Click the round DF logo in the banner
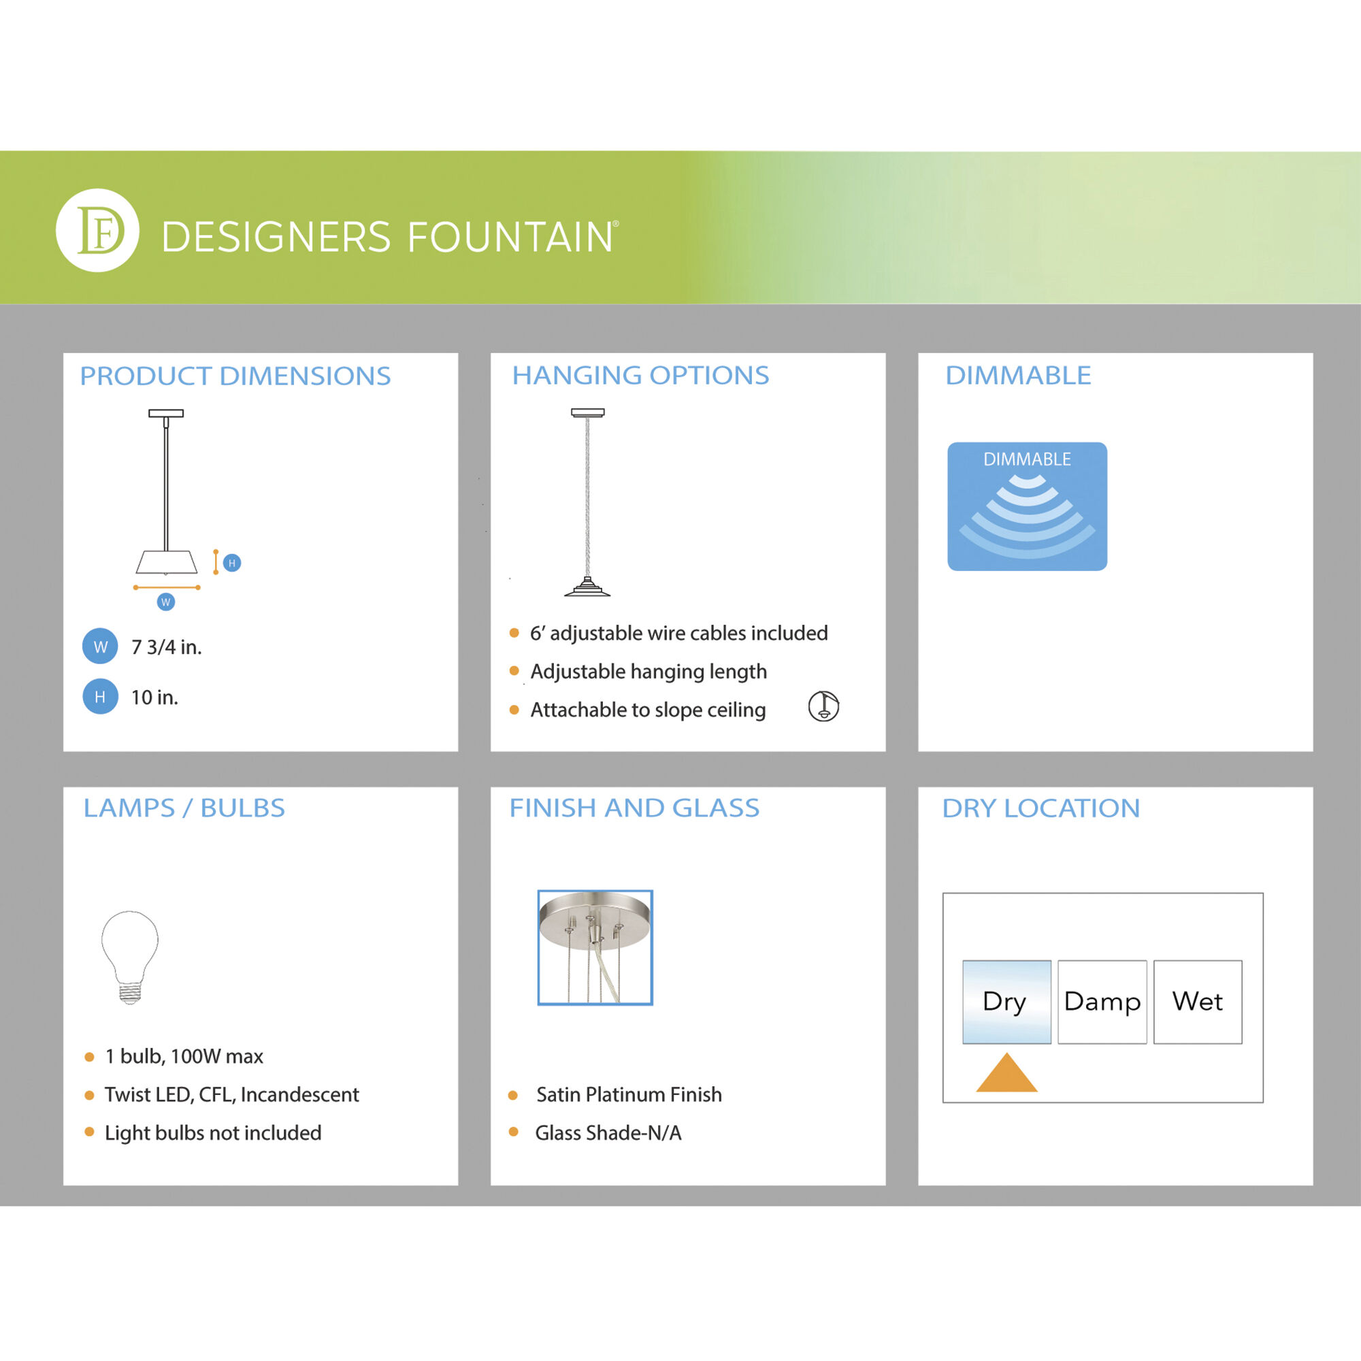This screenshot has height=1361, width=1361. pyautogui.click(x=97, y=231)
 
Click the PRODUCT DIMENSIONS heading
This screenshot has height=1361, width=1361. pyautogui.click(x=235, y=376)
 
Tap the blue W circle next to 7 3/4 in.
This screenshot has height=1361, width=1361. pyautogui.click(x=100, y=646)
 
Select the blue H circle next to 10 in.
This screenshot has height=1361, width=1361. pyautogui.click(x=100, y=696)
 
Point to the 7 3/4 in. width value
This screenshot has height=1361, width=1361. pyautogui.click(x=166, y=646)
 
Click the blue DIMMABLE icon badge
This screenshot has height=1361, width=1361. pyautogui.click(x=1027, y=506)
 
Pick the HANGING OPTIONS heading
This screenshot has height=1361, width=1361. pyautogui.click(x=640, y=376)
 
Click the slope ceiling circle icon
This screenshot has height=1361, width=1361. pyautogui.click(x=823, y=706)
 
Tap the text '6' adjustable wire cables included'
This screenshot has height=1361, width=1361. pyautogui.click(x=678, y=633)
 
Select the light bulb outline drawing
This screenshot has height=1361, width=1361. pyautogui.click(x=129, y=957)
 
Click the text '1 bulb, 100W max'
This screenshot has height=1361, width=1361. pyautogui.click(x=184, y=1056)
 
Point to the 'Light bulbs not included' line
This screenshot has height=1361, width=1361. pyautogui.click(x=213, y=1132)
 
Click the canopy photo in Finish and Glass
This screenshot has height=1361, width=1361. pyautogui.click(x=595, y=947)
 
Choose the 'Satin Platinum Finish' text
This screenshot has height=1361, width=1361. pyautogui.click(x=629, y=1094)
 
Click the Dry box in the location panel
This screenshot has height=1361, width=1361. pyautogui.click(x=1006, y=1002)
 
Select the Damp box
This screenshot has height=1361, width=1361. pyautogui.click(x=1102, y=1002)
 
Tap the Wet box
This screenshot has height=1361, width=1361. pyautogui.click(x=1198, y=1002)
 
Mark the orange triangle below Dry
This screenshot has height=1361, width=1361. pyautogui.click(x=1006, y=1073)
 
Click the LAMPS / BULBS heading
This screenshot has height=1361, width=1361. pyautogui.click(x=184, y=808)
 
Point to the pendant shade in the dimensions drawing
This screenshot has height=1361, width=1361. pyautogui.click(x=166, y=562)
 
